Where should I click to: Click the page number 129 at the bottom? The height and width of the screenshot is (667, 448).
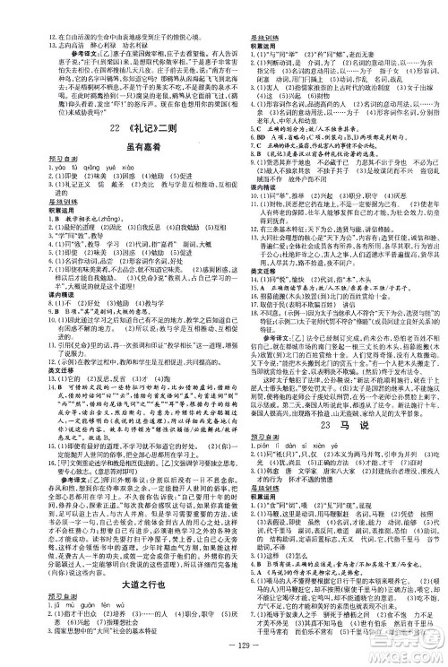point(224,647)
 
